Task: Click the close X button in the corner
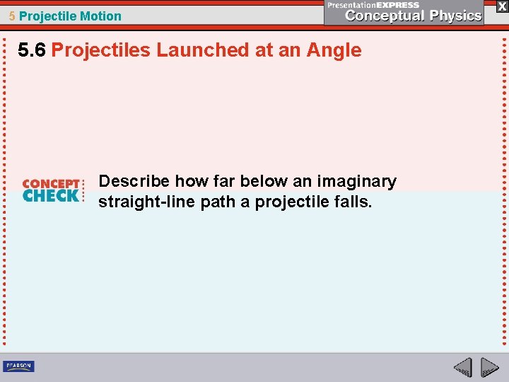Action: click(x=501, y=6)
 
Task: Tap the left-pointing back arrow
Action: click(x=463, y=368)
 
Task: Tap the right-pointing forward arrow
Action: click(x=489, y=368)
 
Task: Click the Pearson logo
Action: click(x=18, y=366)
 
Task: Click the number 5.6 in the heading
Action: click(x=33, y=50)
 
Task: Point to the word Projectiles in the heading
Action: click(x=101, y=50)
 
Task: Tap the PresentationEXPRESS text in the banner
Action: click(x=373, y=5)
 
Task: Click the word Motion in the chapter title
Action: click(x=100, y=16)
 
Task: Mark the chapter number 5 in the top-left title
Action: click(x=12, y=16)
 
